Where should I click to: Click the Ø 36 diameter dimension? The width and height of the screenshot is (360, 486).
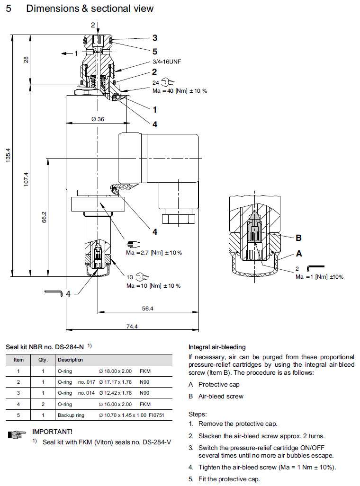[98, 119]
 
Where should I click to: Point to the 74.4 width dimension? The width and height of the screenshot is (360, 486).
[132, 327]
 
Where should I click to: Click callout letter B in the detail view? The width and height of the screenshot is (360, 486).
[298, 238]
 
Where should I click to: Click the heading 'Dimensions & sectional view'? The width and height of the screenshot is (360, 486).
[90, 9]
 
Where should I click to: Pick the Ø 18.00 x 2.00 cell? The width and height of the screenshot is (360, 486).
[116, 371]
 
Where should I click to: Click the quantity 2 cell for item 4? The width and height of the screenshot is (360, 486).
[43, 404]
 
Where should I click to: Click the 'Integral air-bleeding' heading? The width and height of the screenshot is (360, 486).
[217, 347]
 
